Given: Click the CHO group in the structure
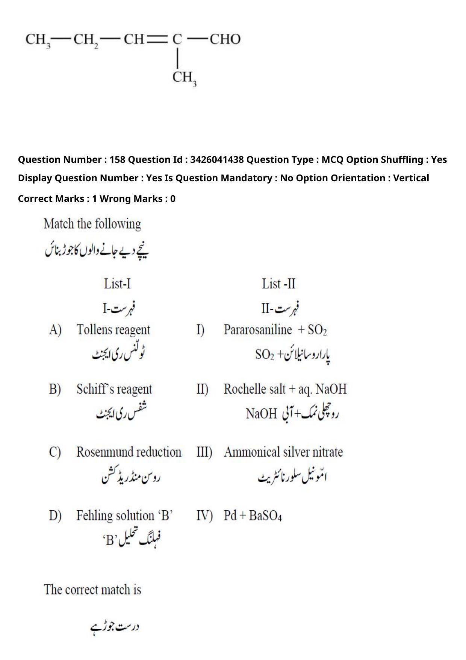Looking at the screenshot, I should (x=225, y=39).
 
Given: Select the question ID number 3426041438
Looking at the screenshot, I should (x=216, y=159).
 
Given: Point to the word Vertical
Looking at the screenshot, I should (x=411, y=178).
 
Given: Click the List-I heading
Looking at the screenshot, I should (x=117, y=284).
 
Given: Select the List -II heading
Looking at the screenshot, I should (x=278, y=284).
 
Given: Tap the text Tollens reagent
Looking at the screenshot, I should (x=113, y=330).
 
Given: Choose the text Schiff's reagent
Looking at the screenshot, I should (x=114, y=389).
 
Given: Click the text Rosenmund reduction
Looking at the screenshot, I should (x=129, y=452).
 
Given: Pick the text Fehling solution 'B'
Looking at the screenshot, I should (x=124, y=515).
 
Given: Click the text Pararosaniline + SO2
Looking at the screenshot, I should (x=275, y=330).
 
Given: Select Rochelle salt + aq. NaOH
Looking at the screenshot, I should (x=285, y=389).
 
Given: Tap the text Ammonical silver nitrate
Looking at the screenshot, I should (x=283, y=452).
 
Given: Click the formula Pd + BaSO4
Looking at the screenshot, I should (x=253, y=515).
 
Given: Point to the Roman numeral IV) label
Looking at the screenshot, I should (x=204, y=515).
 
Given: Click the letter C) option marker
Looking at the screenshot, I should (x=55, y=452).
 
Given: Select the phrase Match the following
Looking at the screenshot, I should (x=92, y=224).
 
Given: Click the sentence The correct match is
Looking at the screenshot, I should (x=92, y=589).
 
